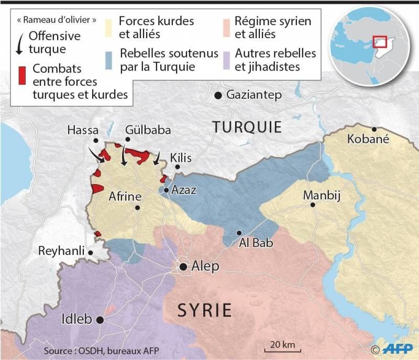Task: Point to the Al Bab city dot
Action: (x=239, y=233)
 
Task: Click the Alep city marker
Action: (x=183, y=267)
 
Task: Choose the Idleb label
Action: (x=77, y=319)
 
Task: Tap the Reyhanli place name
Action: (x=61, y=251)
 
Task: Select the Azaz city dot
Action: (x=166, y=190)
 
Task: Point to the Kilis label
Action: (x=181, y=158)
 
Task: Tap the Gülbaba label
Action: (x=148, y=130)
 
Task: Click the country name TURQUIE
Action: (x=247, y=127)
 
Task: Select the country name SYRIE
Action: (x=204, y=310)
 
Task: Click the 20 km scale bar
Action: (x=282, y=348)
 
